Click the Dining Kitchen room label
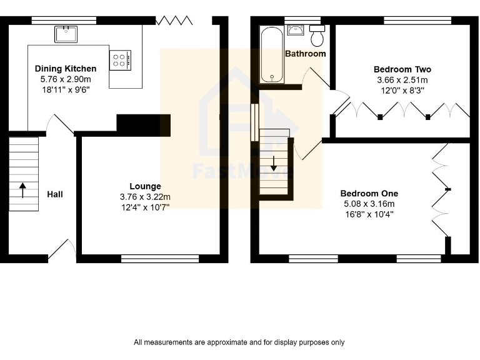(x=66, y=69)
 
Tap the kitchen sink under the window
(x=65, y=34)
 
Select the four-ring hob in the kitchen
(x=121, y=60)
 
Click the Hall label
(x=55, y=194)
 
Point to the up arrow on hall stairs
(x=22, y=189)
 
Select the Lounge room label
(x=145, y=186)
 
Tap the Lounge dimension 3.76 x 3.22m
(x=145, y=197)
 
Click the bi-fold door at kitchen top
(x=175, y=21)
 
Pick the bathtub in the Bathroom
(x=272, y=55)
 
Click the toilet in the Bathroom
(x=317, y=36)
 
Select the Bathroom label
(x=305, y=54)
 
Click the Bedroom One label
(x=369, y=194)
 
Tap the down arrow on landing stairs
(x=273, y=164)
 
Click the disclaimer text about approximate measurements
(x=239, y=342)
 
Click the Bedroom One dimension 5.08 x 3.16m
(x=369, y=204)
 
